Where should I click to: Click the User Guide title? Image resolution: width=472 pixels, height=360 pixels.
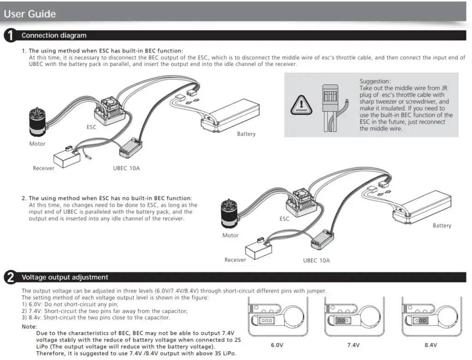click(30, 14)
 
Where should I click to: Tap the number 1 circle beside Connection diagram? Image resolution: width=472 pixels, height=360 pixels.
click(10, 35)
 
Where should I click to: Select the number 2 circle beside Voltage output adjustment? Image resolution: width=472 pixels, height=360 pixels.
click(10, 277)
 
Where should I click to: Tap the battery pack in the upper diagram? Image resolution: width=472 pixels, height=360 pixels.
click(230, 116)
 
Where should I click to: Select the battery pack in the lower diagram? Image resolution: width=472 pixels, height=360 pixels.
click(422, 207)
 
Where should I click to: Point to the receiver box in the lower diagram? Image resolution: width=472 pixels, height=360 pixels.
click(259, 248)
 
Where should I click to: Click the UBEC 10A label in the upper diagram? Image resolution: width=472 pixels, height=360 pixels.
click(126, 168)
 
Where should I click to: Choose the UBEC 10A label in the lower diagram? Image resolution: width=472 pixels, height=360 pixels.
click(316, 260)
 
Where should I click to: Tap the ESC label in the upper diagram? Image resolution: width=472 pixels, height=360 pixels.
click(91, 127)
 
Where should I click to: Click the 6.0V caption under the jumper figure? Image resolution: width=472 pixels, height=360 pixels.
click(277, 345)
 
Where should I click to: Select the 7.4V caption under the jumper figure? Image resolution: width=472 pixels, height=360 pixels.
click(354, 345)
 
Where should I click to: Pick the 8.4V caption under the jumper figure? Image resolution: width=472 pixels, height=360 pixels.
click(431, 345)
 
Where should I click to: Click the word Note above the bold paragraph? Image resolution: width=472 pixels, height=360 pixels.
click(29, 327)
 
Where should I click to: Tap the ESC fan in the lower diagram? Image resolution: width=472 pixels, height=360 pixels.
click(301, 195)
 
